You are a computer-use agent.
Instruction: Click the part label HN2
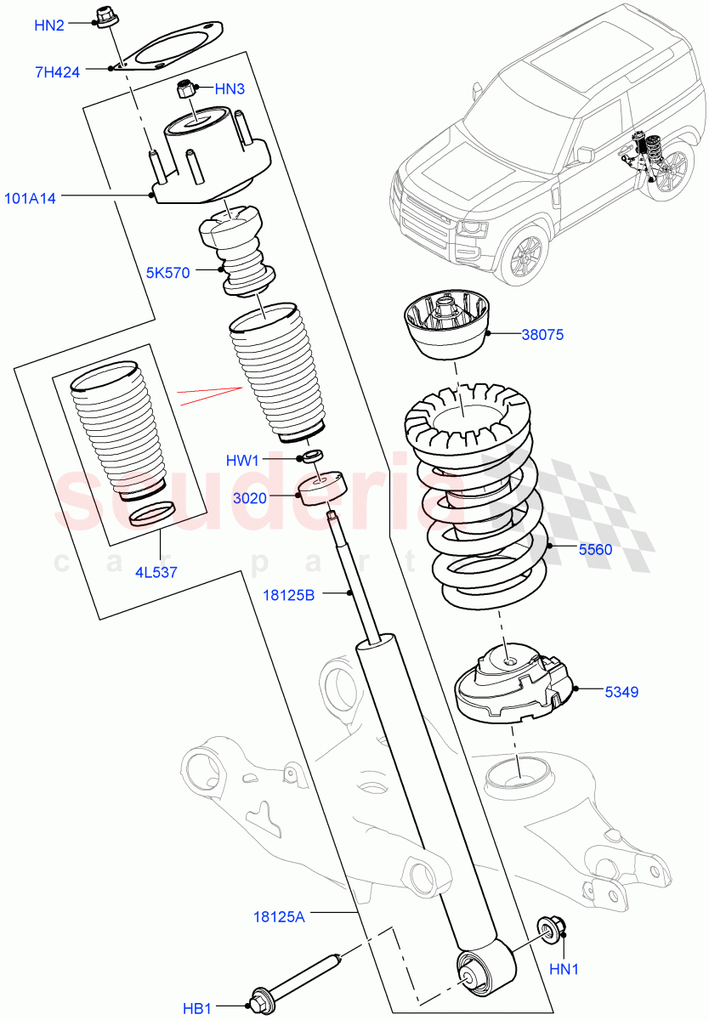49,25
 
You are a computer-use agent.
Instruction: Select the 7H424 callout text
57,72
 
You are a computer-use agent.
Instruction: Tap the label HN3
230,88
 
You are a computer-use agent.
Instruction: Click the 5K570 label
167,272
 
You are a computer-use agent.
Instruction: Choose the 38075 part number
542,335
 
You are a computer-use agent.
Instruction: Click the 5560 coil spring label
595,550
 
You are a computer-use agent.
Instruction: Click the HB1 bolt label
197,1008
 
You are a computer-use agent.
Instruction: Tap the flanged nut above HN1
546,931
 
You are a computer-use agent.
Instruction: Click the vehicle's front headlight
470,229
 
